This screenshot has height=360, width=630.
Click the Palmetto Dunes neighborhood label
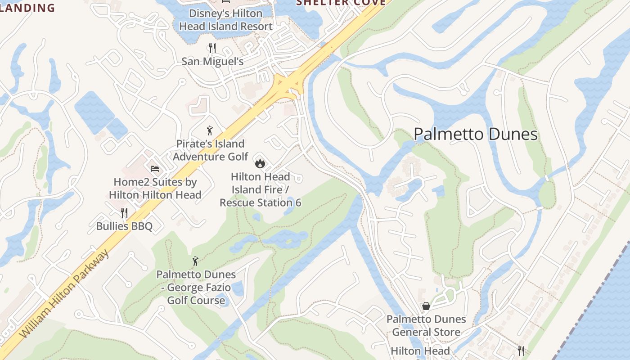476,135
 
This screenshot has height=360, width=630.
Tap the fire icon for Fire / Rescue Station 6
260,163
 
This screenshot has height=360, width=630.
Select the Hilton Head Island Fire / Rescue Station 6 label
260,190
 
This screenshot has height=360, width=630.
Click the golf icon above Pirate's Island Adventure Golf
210,131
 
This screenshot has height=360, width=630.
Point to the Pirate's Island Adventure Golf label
210,150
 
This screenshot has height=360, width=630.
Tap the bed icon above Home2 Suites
155,169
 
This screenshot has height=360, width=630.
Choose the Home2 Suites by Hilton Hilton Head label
155,189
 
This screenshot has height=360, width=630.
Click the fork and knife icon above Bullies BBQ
124,213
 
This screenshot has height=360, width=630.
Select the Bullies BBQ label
124,226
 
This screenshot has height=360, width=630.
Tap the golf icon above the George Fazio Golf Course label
195,261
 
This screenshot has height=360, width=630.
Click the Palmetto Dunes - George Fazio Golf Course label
196,287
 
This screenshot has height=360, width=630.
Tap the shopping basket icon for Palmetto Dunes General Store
426,306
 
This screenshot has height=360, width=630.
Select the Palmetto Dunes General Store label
426,326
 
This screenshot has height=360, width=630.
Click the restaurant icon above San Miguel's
212,48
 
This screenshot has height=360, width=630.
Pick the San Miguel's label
212,61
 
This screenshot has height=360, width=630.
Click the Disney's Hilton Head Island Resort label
225,20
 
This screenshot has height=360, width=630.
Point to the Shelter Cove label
341,3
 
